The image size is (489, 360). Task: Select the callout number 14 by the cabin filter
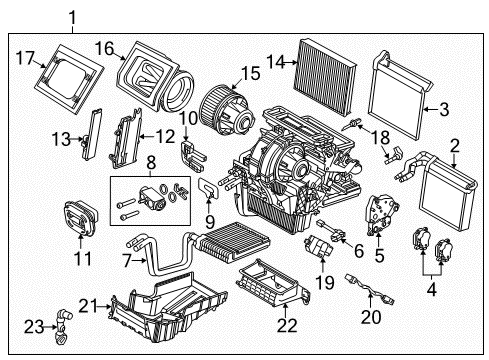point(276,62)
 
